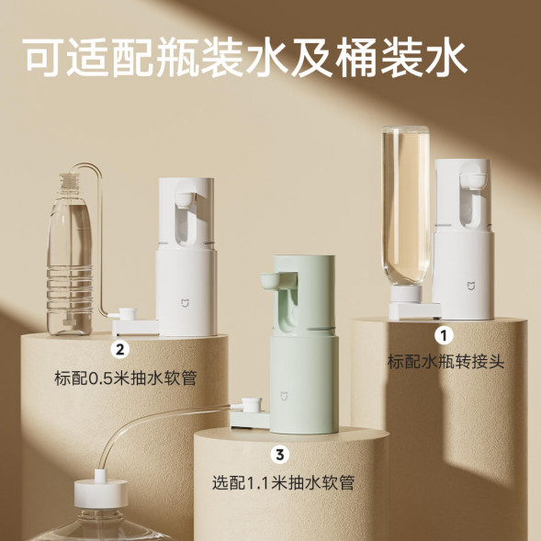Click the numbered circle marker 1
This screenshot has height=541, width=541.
pyautogui.click(x=445, y=335)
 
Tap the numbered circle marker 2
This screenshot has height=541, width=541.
pyautogui.click(x=119, y=349)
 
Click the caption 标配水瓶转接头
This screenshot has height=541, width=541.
pyautogui.click(x=445, y=361)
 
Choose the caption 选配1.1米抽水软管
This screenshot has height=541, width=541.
pyautogui.click(x=282, y=481)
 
